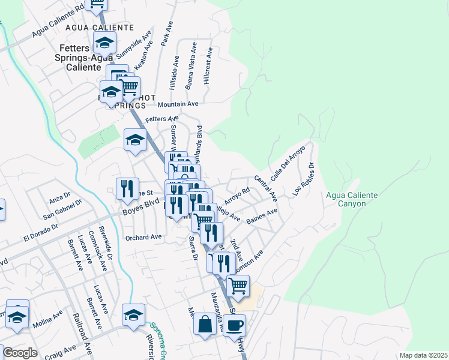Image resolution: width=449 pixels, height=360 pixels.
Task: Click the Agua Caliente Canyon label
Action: (352, 199)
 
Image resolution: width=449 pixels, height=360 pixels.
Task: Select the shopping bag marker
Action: (205, 325)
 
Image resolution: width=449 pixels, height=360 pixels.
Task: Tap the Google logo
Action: (20, 353)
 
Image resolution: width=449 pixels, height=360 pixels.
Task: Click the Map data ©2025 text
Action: (423, 355)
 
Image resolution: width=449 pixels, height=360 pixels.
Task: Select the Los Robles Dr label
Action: (303, 178)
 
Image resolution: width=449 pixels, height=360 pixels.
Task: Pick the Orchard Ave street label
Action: (143, 237)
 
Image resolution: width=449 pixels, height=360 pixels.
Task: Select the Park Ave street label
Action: (167, 35)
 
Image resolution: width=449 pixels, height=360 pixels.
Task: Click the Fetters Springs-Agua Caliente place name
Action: (74, 58)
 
